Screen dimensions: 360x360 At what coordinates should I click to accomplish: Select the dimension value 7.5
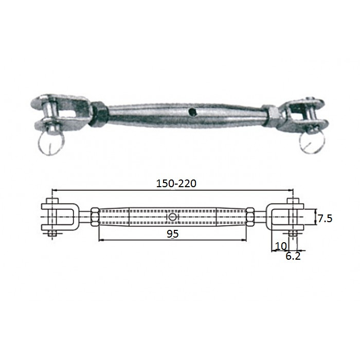pyautogui.click(x=324, y=218)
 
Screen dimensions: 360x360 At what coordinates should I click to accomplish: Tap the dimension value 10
pyautogui.click(x=281, y=246)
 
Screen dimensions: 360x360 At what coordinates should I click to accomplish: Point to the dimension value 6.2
pyautogui.click(x=293, y=256)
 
